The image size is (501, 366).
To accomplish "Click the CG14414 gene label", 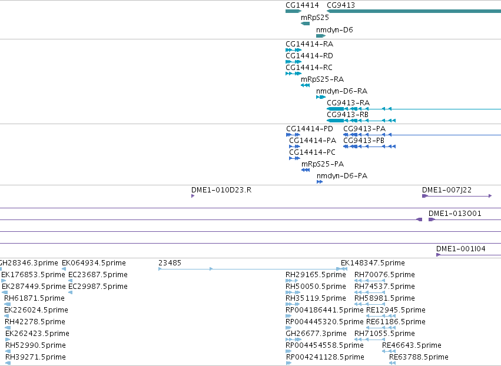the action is tap(302, 5).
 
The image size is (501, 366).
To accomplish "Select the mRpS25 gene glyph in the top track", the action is tap(305, 24).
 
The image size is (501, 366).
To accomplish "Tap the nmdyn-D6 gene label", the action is tap(334, 30).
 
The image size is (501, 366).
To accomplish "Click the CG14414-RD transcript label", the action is tap(309, 56).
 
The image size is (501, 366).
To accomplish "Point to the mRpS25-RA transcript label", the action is tap(323, 79).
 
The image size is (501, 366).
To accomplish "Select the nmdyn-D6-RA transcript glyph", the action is tap(321, 97).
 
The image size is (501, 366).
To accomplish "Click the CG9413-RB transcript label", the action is tap(347, 115).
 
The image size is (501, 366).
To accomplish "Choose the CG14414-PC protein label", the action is tap(313, 152).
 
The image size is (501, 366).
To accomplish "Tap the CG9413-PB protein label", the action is tap(364, 141).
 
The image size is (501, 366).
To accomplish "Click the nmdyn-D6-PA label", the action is tap(342, 176).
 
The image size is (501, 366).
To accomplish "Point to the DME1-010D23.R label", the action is tap(221, 190).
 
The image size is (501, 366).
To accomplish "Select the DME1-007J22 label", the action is tap(447, 190).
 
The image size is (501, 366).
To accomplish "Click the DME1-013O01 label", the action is tap(455, 214).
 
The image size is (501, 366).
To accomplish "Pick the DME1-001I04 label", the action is tap(461, 249).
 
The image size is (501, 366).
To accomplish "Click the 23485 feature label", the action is tap(170, 263).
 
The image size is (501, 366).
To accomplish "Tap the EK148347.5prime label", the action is tap(373, 263).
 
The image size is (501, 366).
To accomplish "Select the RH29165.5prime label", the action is tap(316, 275).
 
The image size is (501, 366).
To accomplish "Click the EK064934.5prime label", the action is tap(94, 263).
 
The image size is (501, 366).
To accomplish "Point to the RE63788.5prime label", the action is tap(419, 357).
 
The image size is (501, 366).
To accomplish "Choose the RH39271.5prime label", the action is tap(35, 357).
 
